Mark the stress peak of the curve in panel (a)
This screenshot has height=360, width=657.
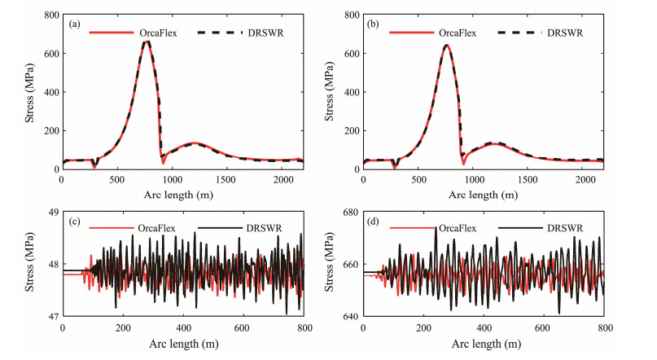point(147,42)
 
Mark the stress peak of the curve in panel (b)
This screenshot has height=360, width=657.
point(446,45)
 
